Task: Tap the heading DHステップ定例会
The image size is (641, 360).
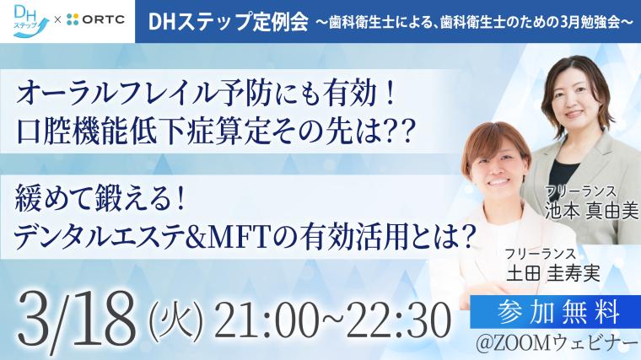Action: coord(228,22)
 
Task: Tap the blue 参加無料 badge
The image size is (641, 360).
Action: coord(555,312)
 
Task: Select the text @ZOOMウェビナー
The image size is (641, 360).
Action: coord(557,344)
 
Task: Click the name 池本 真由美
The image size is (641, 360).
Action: coord(591,211)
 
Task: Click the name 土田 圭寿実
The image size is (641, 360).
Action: coord(552,273)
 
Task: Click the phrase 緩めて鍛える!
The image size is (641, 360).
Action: coord(98,199)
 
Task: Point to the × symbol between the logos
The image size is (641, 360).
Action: coord(57,19)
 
